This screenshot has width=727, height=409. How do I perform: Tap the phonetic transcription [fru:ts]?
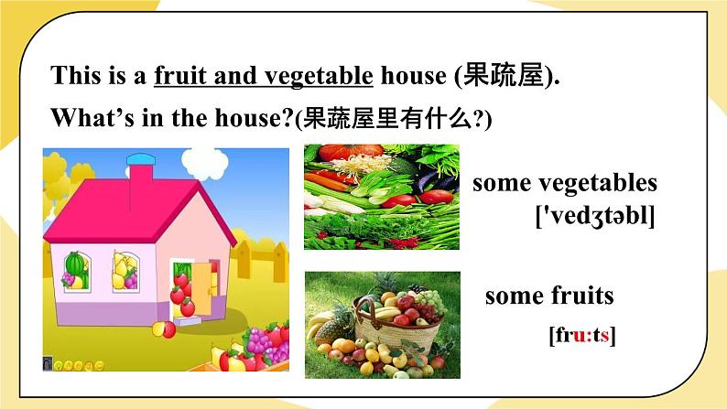(x=582, y=335)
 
